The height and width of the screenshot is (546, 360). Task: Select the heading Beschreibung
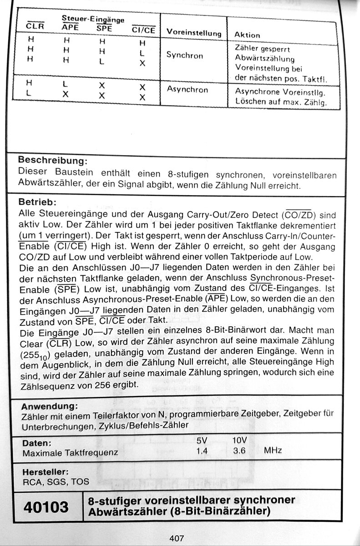52,161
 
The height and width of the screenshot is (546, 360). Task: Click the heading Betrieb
37,201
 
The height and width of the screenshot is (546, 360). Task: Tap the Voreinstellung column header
194,33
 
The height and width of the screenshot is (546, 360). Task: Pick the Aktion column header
247,35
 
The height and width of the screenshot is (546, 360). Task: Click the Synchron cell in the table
184,55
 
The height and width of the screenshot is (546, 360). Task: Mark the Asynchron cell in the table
187,89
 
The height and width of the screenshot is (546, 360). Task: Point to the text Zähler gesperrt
262,49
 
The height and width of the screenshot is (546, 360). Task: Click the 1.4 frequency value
202,451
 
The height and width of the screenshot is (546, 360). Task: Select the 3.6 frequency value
239,451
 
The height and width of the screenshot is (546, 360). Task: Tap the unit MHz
273,450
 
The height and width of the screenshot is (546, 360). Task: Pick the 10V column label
239,440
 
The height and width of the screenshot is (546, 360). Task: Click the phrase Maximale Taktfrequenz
70,453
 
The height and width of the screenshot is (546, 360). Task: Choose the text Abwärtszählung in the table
264,59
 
